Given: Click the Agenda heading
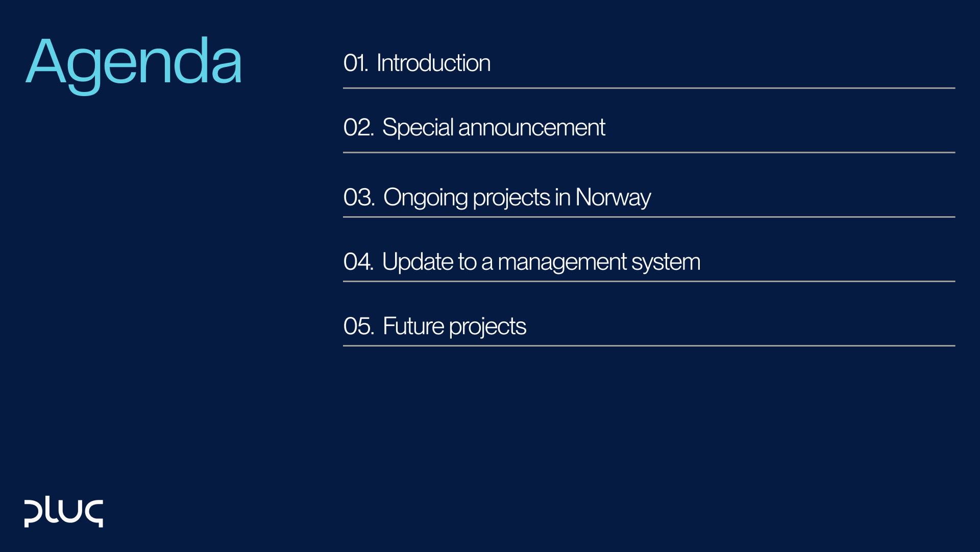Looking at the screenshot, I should coord(134,62).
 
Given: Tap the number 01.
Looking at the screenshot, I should coord(355,63).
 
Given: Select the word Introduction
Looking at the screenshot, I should coord(433,63).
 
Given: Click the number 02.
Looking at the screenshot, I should coord(358,128).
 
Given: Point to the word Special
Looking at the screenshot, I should coord(418,128).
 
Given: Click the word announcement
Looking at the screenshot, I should coord(531,128).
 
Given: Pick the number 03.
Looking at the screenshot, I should coord(359,198).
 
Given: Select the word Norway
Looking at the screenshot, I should coord(612,198).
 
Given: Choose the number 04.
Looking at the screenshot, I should coord(358,262).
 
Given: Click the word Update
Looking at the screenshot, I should coord(418,262).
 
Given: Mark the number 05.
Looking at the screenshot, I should coord(358,327).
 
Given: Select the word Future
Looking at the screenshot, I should coord(413,327).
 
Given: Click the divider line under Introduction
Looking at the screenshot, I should coord(648,88).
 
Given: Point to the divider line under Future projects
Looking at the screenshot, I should coord(648,346).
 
